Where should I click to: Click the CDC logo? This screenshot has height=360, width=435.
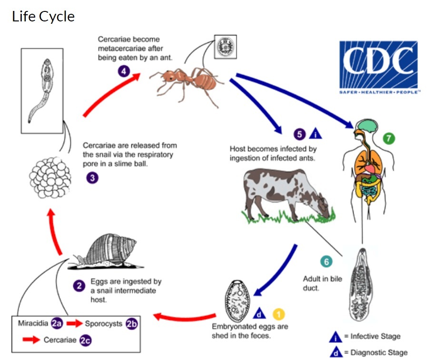379,67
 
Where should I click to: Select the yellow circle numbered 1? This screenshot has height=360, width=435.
278,313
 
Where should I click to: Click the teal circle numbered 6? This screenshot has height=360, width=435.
326,262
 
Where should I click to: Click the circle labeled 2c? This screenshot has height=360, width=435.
86,340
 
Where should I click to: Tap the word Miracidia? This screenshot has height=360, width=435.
33,324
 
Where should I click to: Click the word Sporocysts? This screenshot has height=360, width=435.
104,324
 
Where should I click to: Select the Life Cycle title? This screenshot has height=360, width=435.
43,17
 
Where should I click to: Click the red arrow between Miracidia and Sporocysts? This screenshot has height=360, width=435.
74,324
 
